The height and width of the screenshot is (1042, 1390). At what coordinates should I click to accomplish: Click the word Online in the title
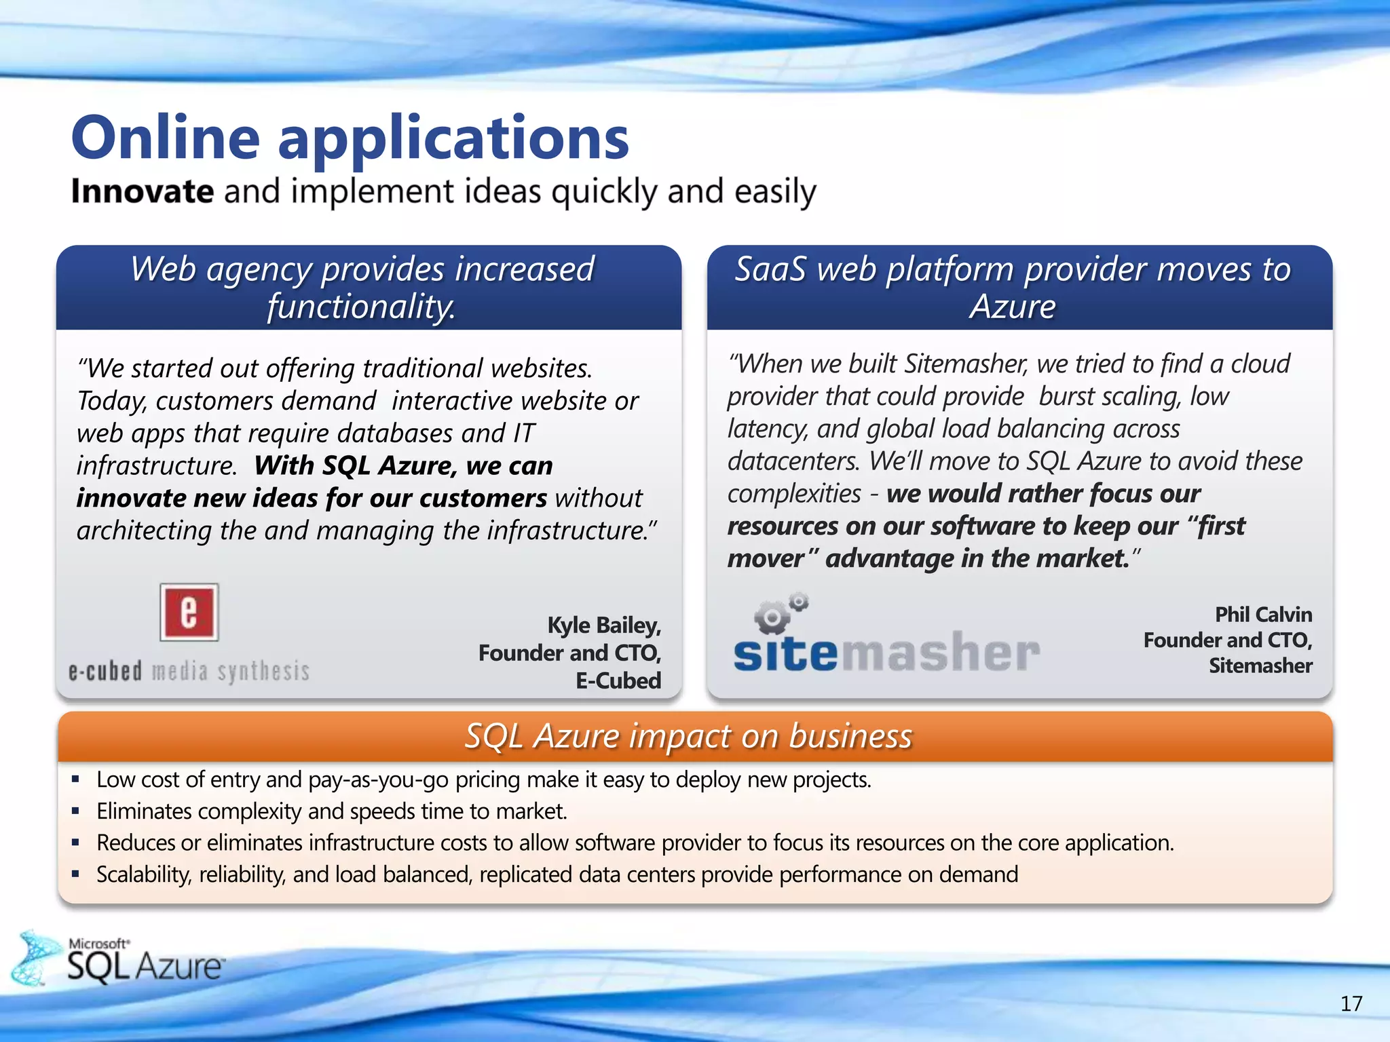tap(166, 138)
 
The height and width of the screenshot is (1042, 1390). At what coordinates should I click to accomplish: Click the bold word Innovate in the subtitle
tap(143, 192)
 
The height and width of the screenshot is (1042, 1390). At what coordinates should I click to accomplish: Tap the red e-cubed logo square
tap(189, 612)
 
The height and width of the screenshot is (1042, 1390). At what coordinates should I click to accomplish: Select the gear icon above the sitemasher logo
tap(779, 613)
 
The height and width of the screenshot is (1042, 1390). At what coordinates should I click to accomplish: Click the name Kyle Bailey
tap(603, 625)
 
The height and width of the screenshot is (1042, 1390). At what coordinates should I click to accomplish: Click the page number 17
tap(1351, 1003)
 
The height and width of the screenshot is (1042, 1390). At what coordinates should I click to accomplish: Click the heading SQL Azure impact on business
tap(688, 737)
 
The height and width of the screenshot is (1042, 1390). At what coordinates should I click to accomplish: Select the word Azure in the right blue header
tap(1012, 307)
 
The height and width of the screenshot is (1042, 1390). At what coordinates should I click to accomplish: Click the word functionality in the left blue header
tap(360, 307)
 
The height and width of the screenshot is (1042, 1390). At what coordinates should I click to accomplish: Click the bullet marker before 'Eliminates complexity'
tap(75, 811)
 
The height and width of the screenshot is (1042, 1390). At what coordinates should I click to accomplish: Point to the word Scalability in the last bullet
tap(144, 874)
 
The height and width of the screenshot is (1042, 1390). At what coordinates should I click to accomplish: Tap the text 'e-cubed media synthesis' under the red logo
tap(189, 672)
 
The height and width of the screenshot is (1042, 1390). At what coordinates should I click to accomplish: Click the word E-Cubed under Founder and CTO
tap(618, 680)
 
